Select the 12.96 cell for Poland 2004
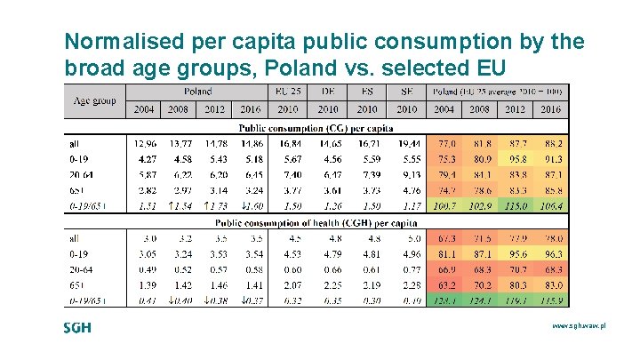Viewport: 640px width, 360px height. coord(144,142)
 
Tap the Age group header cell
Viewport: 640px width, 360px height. coord(94,100)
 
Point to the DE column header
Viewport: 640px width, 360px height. coord(328,92)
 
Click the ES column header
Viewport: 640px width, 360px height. coord(368,92)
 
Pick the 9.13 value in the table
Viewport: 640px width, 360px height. coord(407,175)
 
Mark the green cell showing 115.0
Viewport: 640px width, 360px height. coord(516,206)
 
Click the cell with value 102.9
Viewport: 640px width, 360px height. coord(481,206)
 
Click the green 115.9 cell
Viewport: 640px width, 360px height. coord(552,301)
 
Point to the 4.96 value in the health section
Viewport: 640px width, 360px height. coord(407,253)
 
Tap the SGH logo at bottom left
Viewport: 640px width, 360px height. coord(77,328)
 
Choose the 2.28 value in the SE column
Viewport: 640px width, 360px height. coord(407,285)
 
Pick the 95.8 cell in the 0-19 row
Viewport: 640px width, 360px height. coord(516,158)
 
